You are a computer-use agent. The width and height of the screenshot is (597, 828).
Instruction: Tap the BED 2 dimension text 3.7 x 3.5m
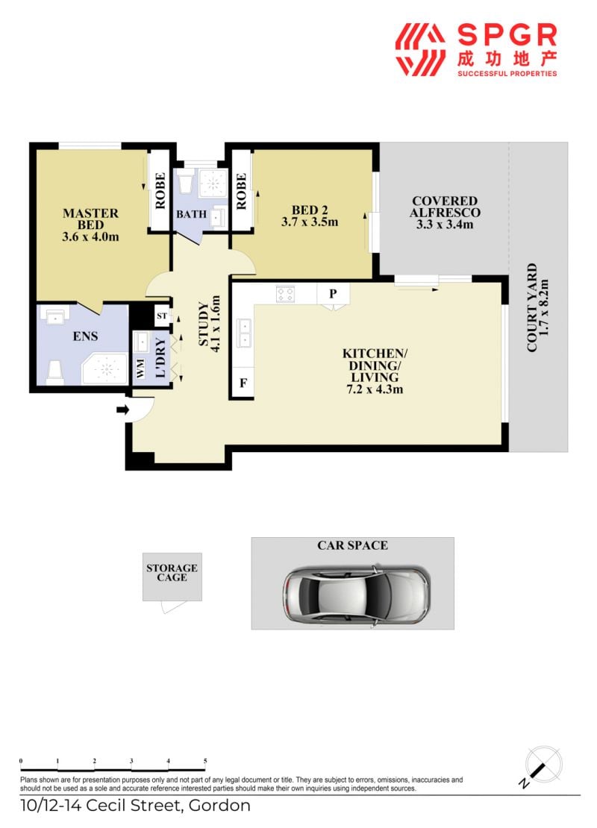pos(310,222)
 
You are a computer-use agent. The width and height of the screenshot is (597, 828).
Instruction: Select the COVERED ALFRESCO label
pos(445,207)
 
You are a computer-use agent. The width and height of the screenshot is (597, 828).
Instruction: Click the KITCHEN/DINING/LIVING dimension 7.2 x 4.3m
pos(375,389)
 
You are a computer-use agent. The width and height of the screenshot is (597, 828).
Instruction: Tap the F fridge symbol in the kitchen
pos(243,383)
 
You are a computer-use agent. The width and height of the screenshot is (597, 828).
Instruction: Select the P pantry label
pos(333,294)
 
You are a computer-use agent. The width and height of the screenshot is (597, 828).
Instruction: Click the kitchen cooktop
pos(285,294)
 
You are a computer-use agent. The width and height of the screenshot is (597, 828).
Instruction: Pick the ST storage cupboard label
pos(162,316)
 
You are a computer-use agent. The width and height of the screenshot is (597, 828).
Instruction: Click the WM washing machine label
pos(140,369)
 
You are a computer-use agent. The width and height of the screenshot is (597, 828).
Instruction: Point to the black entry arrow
pos(123,410)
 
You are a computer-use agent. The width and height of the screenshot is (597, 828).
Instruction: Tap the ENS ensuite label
pos(85,336)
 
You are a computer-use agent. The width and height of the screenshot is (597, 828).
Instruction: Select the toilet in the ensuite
pos(55,371)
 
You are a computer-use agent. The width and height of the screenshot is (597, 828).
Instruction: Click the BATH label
pos(191,214)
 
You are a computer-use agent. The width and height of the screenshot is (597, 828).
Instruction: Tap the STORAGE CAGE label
pos(172,573)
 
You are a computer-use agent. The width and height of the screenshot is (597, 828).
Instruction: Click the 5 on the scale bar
pos(205,761)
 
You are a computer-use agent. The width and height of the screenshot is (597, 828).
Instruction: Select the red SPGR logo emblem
pos(420,50)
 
